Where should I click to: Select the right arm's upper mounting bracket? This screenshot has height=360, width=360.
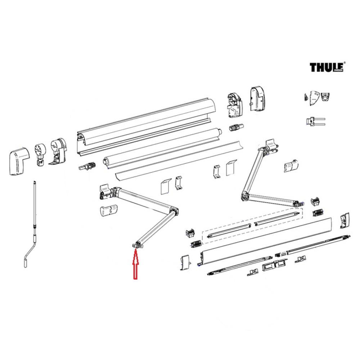click(271, 146)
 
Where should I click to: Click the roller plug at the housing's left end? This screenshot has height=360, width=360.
click(86, 167)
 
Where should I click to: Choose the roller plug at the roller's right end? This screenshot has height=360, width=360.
click(237, 127)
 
